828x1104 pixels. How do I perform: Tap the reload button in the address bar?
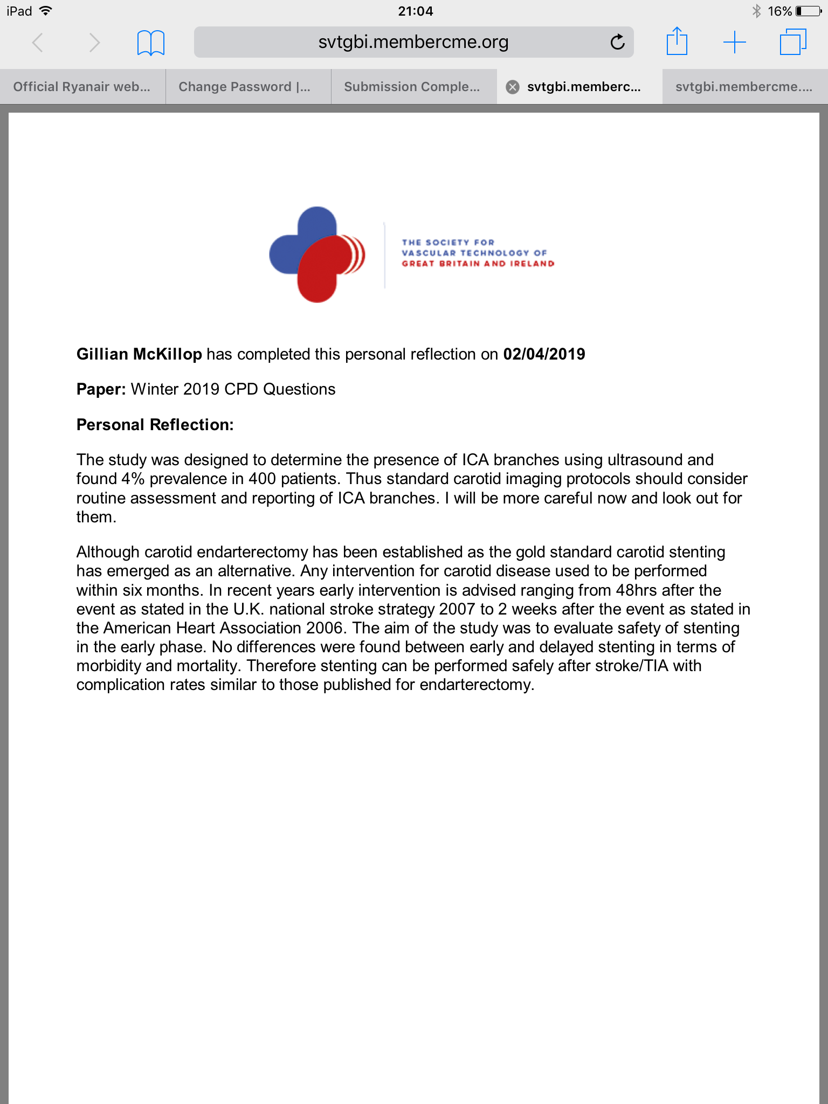pos(617,42)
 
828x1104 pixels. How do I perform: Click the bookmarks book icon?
pos(151,43)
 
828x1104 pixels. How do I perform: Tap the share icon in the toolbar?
pos(677,42)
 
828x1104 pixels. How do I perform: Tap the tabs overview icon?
pos(793,42)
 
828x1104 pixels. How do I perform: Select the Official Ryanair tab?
pos(82,87)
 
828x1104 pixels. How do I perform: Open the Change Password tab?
pos(245,87)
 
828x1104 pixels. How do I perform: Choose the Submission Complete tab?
pos(412,87)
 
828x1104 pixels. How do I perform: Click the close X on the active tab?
pos(513,87)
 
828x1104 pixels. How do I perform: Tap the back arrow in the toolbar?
pos(38,42)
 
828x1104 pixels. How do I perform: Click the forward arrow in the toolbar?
pos(94,42)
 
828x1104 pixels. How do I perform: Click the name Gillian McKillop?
pos(139,354)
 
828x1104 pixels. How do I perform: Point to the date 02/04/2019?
pos(544,354)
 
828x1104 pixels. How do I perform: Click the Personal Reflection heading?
pos(155,425)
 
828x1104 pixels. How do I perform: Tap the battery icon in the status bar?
pos(808,11)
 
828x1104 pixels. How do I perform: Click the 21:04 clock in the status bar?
pos(415,11)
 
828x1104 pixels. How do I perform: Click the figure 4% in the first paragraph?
pos(133,479)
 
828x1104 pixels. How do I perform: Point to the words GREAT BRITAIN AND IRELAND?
pos(478,264)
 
